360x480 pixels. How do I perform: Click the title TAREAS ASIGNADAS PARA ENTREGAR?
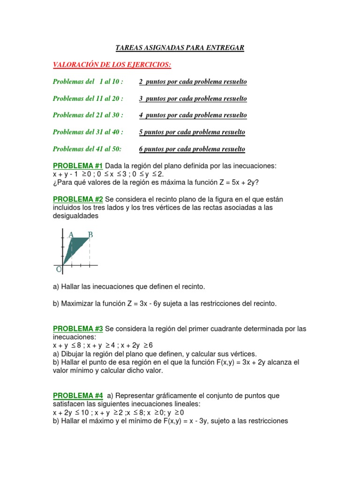180,48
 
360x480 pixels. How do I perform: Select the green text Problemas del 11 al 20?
88,98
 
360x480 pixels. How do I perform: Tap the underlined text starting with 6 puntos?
192,149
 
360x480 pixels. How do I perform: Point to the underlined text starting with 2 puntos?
193,82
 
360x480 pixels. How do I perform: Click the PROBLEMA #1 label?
78,166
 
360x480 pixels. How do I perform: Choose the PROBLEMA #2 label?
78,200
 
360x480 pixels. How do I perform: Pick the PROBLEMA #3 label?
78,329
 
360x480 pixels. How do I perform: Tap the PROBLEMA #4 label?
78,396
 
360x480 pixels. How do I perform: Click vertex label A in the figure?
71,234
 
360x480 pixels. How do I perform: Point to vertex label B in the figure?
90,234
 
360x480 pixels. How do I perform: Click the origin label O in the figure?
59,269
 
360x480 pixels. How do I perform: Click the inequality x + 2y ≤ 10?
71,412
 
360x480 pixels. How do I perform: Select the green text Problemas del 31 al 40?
88,132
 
